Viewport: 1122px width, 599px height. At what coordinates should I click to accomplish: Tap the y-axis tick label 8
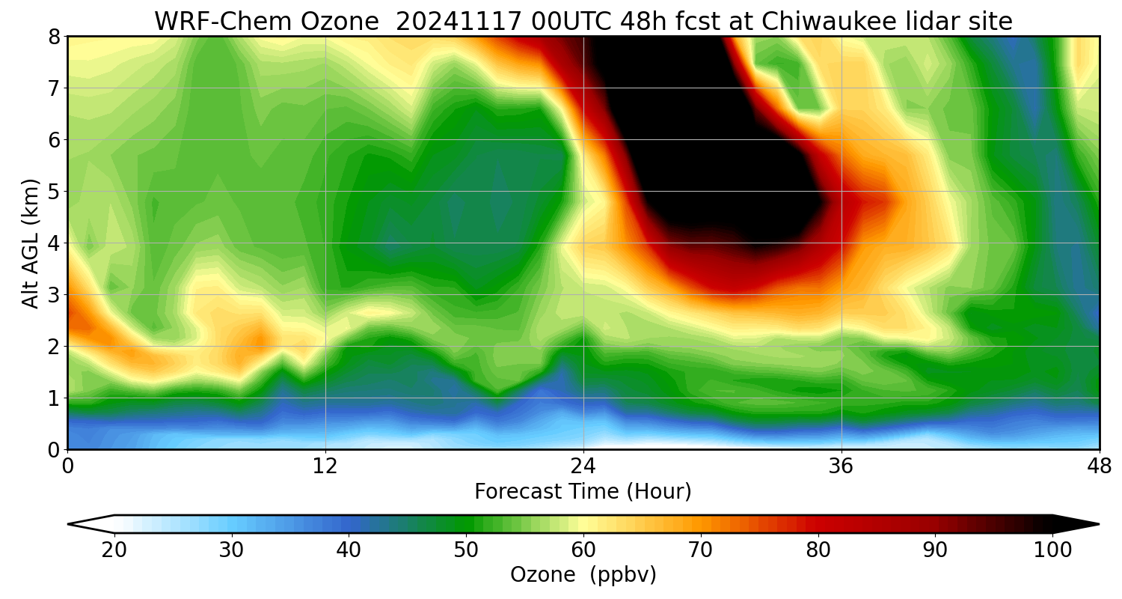tap(54, 37)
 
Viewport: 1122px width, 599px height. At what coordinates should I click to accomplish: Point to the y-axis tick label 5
tap(54, 192)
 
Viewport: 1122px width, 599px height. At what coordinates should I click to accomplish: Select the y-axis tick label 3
tap(54, 295)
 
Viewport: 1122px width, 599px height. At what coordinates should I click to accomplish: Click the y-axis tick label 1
tap(54, 398)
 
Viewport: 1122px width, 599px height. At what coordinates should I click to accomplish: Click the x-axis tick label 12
tap(325, 466)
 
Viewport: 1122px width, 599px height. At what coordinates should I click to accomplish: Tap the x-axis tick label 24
tap(583, 466)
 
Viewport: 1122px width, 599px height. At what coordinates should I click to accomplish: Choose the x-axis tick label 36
tap(841, 466)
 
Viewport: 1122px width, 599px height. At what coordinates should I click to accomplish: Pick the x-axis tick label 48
tap(1099, 466)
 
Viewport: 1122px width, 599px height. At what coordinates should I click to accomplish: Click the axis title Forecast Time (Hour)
tap(583, 492)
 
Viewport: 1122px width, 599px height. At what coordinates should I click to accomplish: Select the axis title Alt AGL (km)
tap(30, 243)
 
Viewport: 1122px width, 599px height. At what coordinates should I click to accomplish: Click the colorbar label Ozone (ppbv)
tap(583, 575)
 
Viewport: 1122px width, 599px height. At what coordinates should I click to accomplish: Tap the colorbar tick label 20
tap(114, 550)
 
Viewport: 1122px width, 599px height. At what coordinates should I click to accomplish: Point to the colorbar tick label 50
tap(466, 550)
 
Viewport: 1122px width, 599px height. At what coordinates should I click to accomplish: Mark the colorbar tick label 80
tap(818, 550)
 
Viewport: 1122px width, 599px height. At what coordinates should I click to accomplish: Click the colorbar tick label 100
tap(1053, 550)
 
